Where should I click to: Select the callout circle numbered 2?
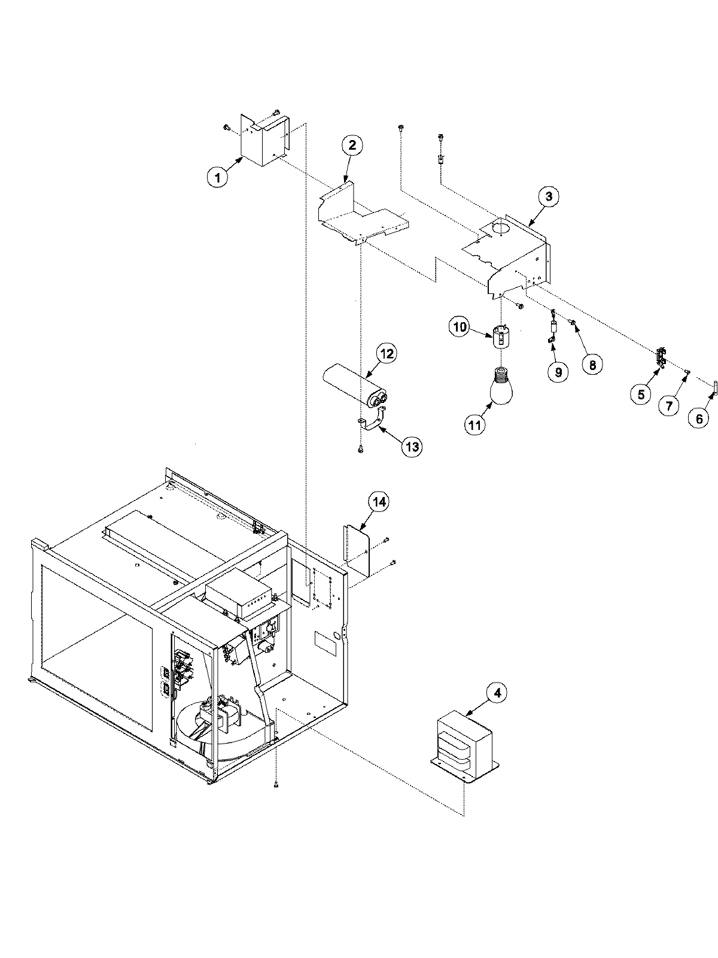pyautogui.click(x=352, y=145)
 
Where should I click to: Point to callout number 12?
pyautogui.click(x=386, y=353)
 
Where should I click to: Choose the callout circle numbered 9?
pyautogui.click(x=558, y=372)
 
